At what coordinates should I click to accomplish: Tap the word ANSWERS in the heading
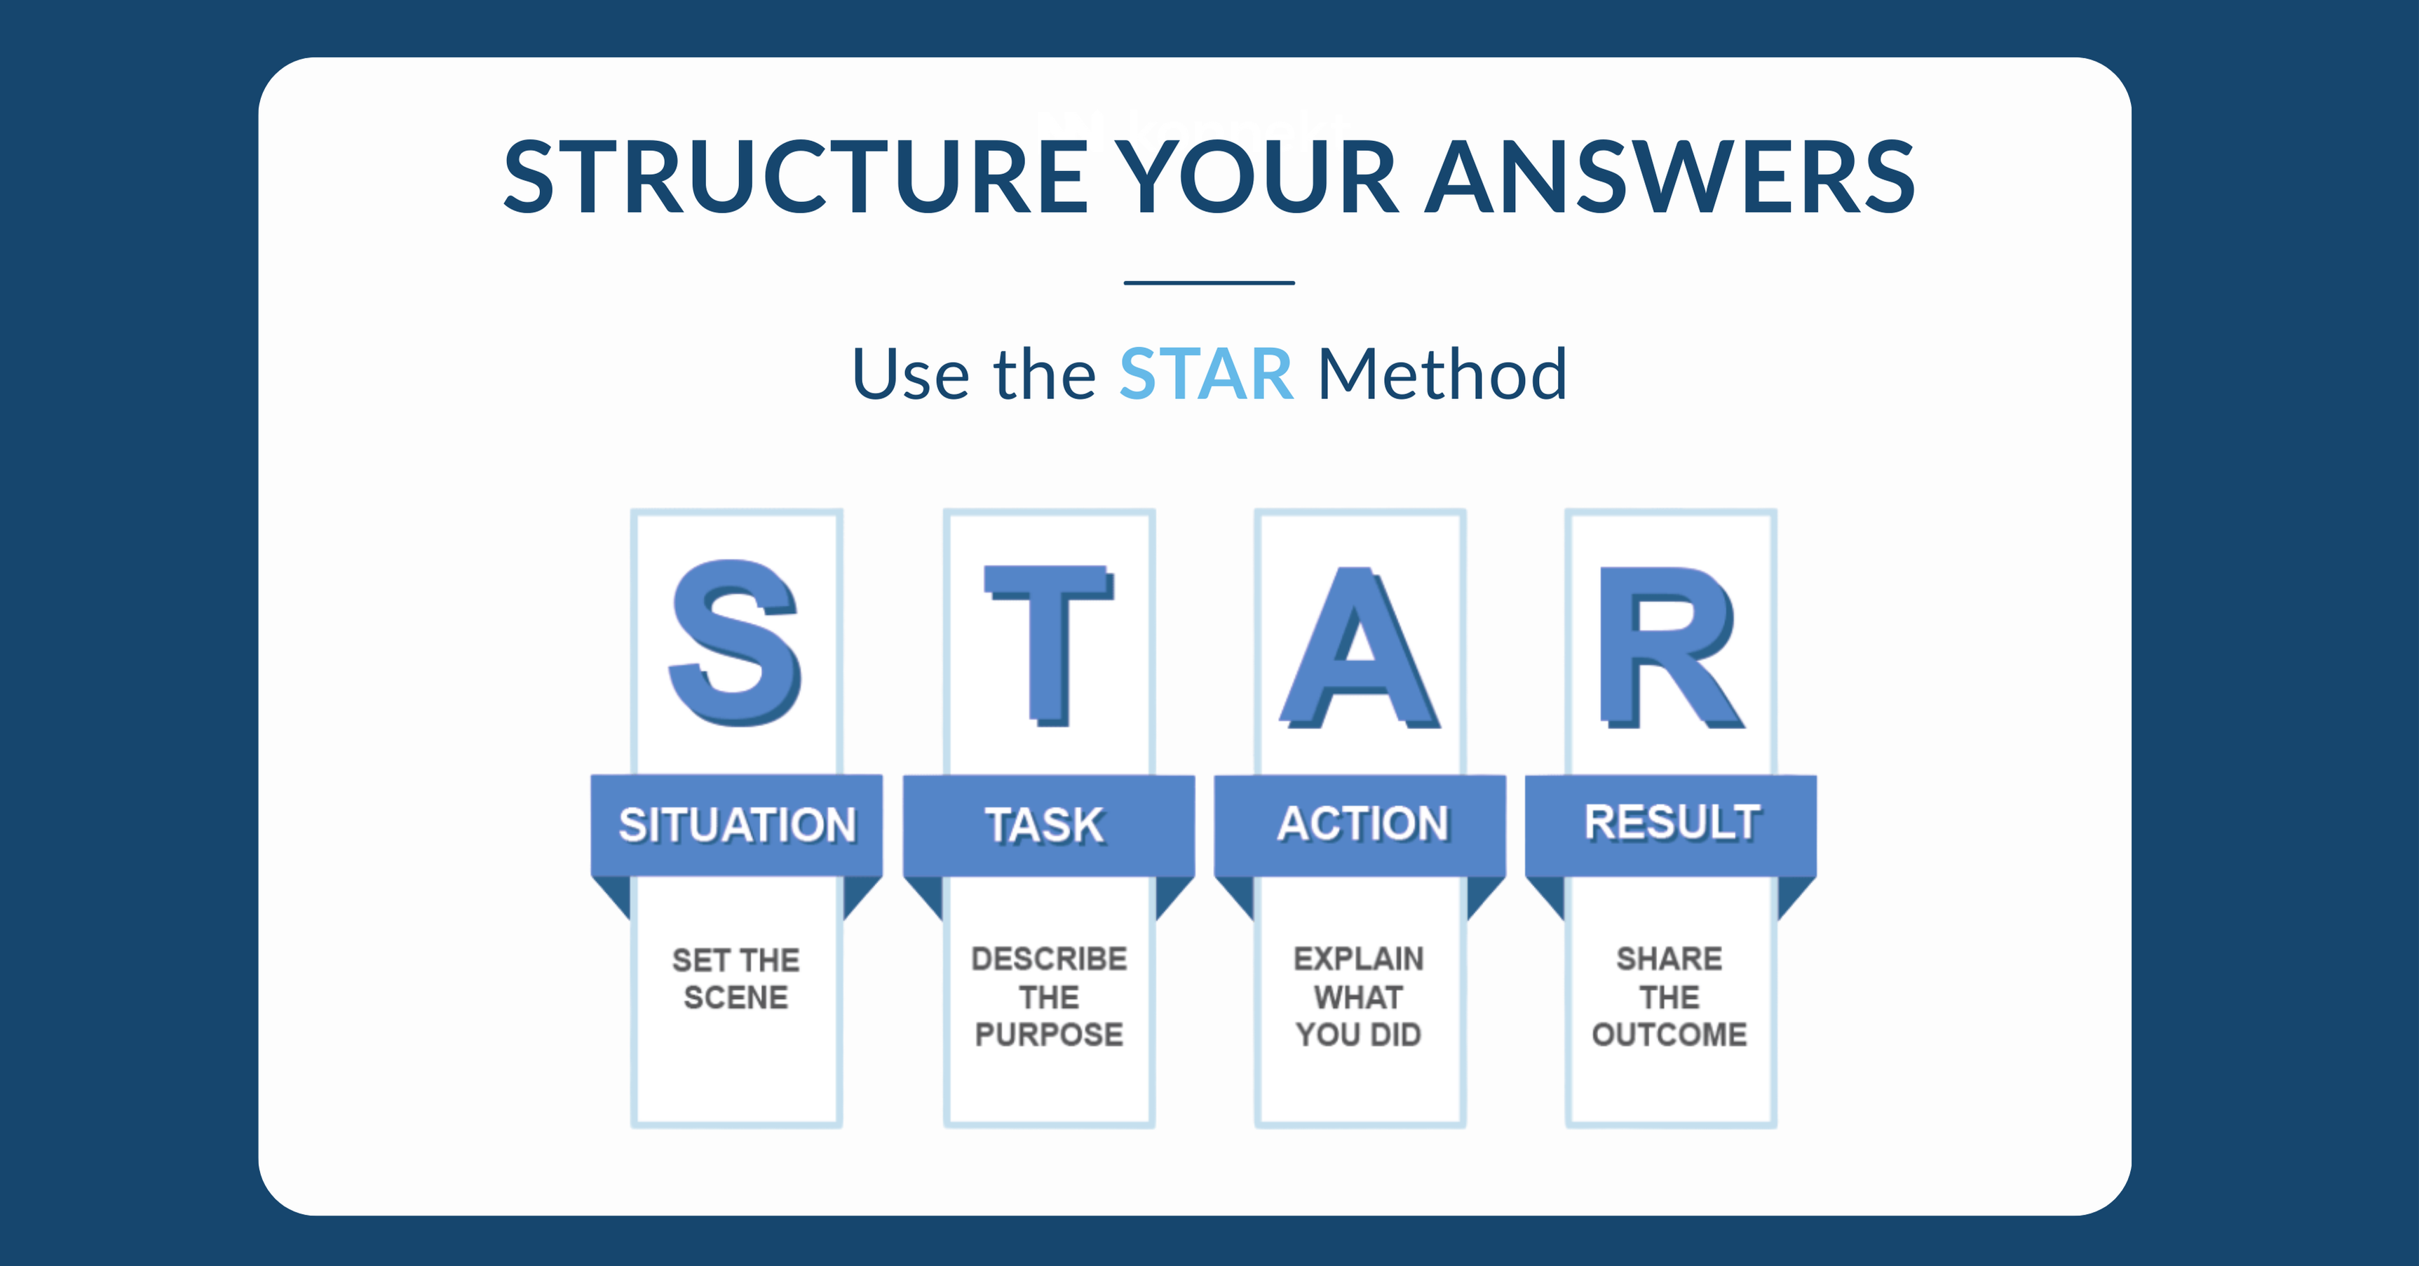pyautogui.click(x=1669, y=177)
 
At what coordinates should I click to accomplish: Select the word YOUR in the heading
pyautogui.click(x=1259, y=177)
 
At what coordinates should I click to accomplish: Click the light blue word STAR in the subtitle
pyautogui.click(x=1206, y=374)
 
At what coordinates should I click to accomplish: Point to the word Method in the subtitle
pyautogui.click(x=1442, y=374)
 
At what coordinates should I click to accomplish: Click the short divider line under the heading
pyautogui.click(x=1209, y=282)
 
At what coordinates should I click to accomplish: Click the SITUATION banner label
pyautogui.click(x=737, y=825)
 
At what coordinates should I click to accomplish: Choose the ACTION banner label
pyautogui.click(x=1362, y=823)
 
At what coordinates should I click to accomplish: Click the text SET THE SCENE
pyautogui.click(x=736, y=978)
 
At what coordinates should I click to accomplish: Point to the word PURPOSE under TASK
pyautogui.click(x=1049, y=1034)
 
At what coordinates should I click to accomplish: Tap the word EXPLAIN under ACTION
pyautogui.click(x=1358, y=958)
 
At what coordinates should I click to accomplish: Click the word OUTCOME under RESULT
pyautogui.click(x=1669, y=1034)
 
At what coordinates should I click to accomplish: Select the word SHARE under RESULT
pyautogui.click(x=1669, y=958)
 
